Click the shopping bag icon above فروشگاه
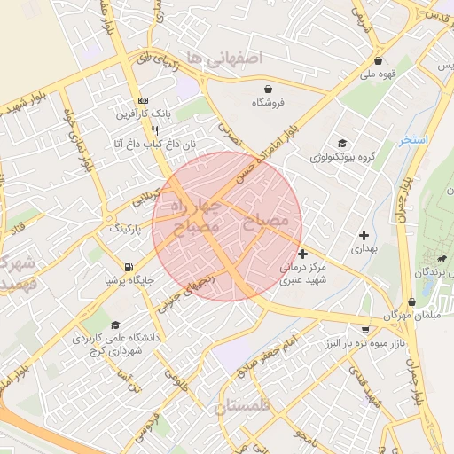pyautogui.click(x=268, y=88)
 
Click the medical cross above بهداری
pyautogui.click(x=364, y=235)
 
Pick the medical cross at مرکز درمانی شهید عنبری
pyautogui.click(x=303, y=254)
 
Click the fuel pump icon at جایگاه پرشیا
pyautogui.click(x=129, y=267)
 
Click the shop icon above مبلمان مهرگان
pyautogui.click(x=411, y=301)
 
